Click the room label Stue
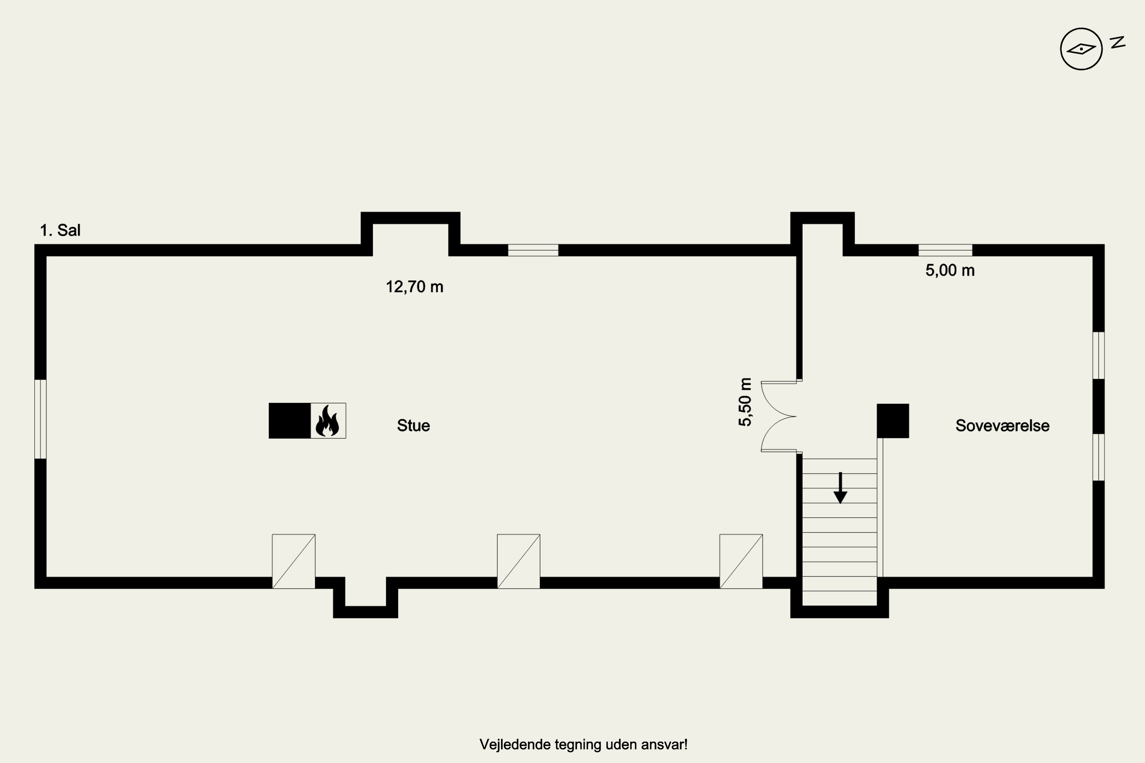(413, 425)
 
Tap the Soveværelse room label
(1002, 425)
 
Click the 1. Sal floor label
(60, 230)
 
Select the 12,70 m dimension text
(414, 287)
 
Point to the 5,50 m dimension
(745, 402)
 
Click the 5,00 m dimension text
(950, 270)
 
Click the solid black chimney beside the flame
(290, 420)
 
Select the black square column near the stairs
(893, 420)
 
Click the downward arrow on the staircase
(840, 488)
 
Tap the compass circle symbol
(1081, 49)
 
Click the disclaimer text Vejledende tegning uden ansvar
(583, 745)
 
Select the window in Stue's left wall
(40, 419)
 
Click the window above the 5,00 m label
(945, 250)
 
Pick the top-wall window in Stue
(533, 250)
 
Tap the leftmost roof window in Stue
(294, 562)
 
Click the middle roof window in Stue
(518, 562)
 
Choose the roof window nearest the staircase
(741, 562)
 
